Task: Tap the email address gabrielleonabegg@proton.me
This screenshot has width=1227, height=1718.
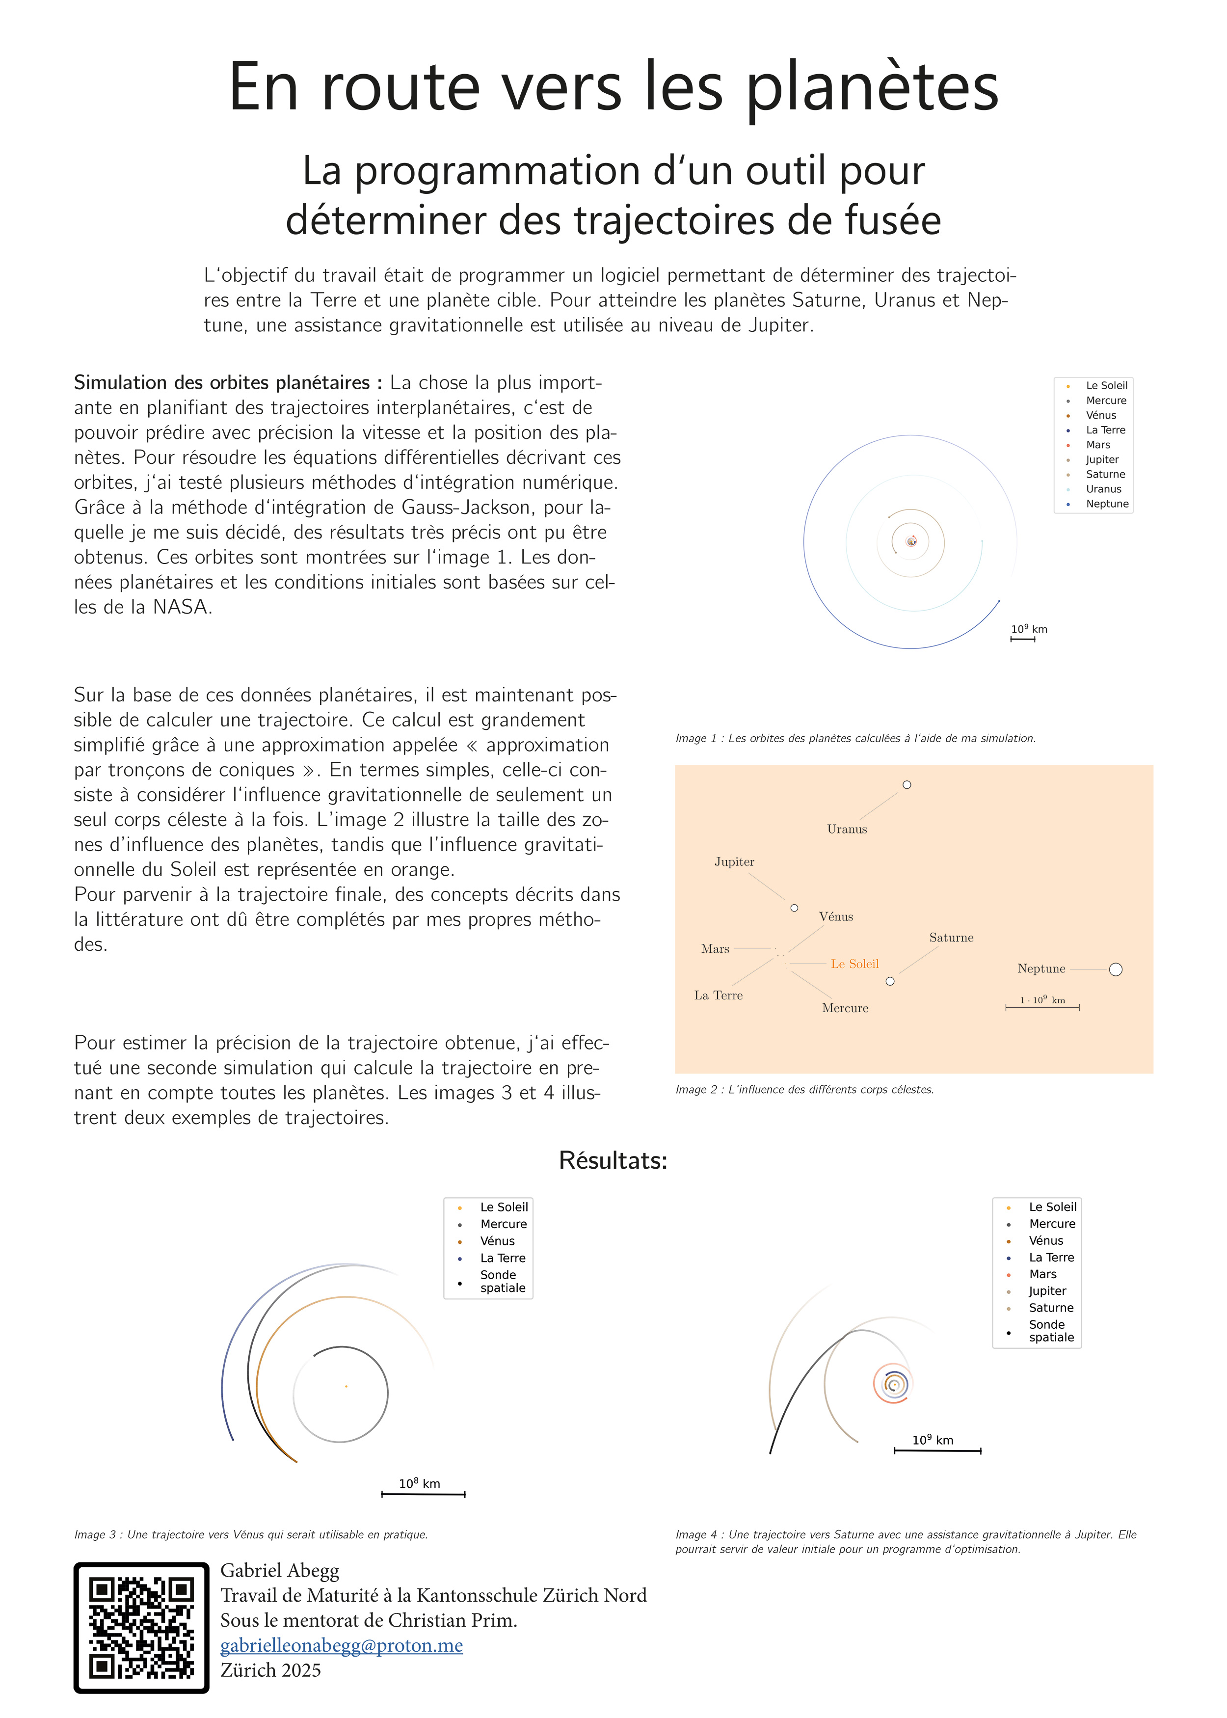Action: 342,1645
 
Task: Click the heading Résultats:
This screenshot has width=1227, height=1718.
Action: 613,1160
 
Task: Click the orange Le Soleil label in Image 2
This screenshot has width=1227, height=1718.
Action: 854,964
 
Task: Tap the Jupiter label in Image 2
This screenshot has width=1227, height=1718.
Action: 734,862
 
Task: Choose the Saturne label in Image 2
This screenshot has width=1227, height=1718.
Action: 951,938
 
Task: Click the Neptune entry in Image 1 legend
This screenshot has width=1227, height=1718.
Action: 1107,504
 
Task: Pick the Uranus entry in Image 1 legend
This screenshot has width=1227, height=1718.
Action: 1103,489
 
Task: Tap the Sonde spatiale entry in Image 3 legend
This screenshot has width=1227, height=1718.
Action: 503,1281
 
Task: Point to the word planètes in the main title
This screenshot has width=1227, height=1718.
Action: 873,88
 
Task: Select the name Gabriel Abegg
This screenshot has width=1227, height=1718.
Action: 280,1571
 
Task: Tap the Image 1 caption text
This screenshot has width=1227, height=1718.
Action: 855,738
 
